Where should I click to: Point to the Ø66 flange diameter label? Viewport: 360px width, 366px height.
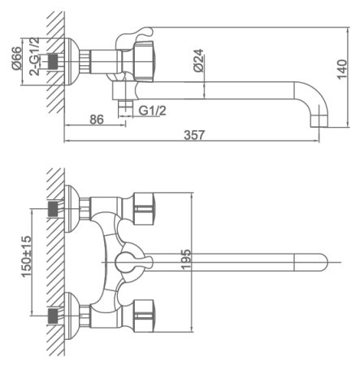click(x=17, y=59)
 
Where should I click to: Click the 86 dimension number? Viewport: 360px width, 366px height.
click(x=96, y=119)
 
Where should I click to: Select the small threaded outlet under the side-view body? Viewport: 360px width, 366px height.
click(x=127, y=107)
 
